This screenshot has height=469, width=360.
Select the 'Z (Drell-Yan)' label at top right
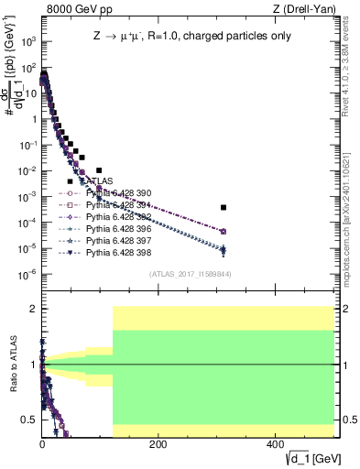pyautogui.click(x=309, y=9)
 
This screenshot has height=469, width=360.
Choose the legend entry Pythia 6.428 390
pyautogui.click(x=115, y=193)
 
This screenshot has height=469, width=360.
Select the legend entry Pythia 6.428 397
pyautogui.click(x=115, y=239)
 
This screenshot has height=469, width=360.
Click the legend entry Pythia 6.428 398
pyautogui.click(x=115, y=251)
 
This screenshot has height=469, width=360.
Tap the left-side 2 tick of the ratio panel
pyautogui.click(x=35, y=309)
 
